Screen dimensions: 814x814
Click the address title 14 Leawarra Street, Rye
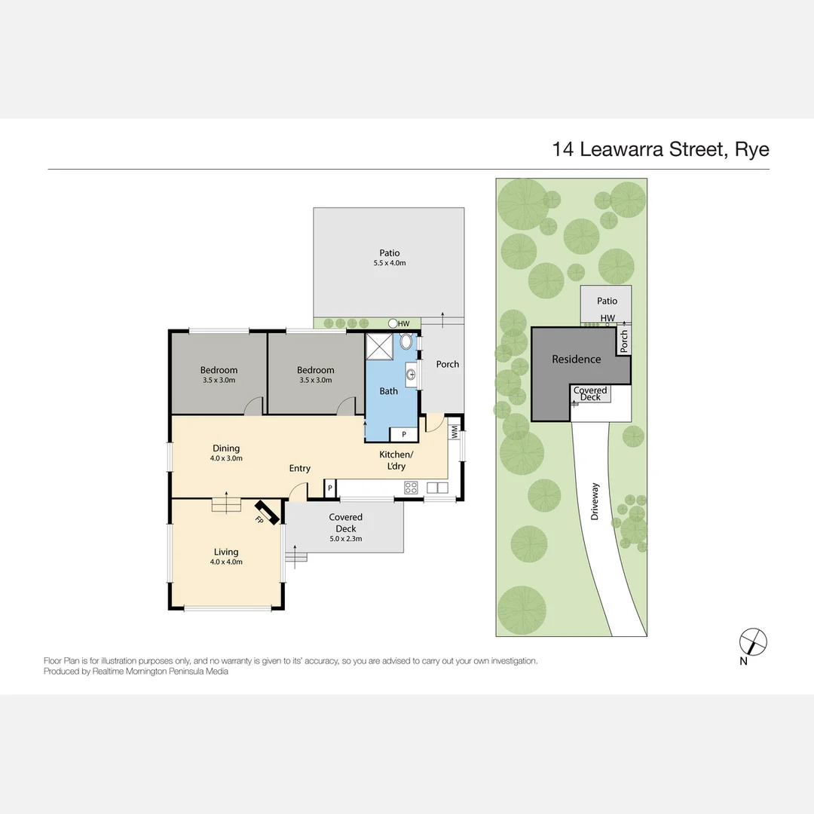[660, 148]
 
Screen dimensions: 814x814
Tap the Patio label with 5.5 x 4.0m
[390, 258]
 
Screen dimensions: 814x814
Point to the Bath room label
[388, 391]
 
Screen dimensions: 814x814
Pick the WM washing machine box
[455, 433]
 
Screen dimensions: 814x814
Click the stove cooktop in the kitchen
[412, 488]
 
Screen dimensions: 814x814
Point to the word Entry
[299, 469]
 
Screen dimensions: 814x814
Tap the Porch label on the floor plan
[448, 365]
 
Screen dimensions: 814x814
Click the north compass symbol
[753, 641]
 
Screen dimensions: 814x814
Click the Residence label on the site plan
[577, 360]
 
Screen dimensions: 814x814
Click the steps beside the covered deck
[297, 558]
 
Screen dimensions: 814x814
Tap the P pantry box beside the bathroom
[403, 435]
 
